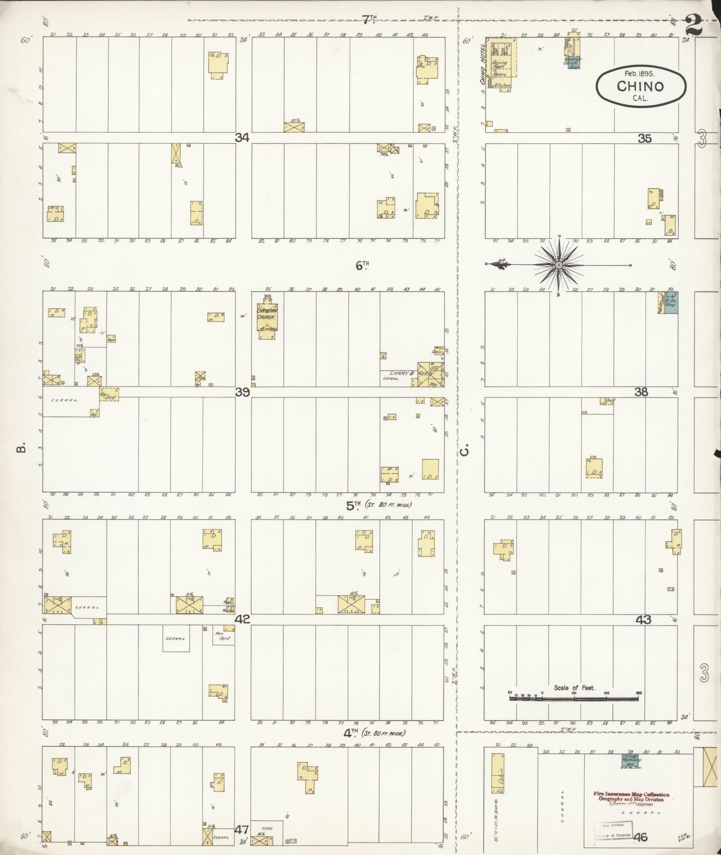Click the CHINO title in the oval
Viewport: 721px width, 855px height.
(640, 86)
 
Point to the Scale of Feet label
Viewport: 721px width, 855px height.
(574, 688)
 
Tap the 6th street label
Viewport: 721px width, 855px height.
(362, 265)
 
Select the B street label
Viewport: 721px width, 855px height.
(20, 447)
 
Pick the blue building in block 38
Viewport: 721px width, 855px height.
(670, 303)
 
